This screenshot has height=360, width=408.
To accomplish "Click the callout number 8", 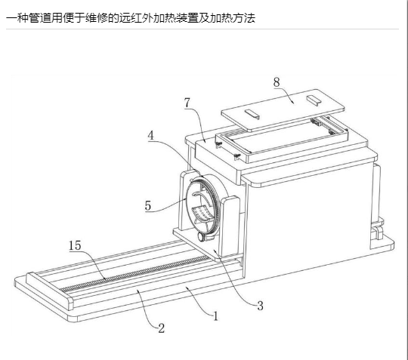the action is [x=277, y=82].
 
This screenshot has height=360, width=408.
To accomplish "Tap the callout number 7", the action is [x=187, y=103].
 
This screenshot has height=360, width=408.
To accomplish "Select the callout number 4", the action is [x=151, y=135].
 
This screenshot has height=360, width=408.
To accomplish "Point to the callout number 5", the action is [x=148, y=205].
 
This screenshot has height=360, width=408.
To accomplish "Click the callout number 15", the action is [x=75, y=245].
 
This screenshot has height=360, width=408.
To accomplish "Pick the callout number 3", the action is [x=260, y=306].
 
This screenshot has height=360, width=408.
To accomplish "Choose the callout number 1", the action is [x=215, y=316].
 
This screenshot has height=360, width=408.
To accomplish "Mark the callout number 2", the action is [x=162, y=328].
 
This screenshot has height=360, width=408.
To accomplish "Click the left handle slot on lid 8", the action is [x=252, y=114].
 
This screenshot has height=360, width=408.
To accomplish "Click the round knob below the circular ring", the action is [x=202, y=237].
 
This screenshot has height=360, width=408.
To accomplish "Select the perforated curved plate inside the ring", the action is [x=202, y=213].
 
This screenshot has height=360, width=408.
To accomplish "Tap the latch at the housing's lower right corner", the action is [x=378, y=232].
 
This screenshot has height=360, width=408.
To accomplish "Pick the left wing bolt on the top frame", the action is [x=218, y=143].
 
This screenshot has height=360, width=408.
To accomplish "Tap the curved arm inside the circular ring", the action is [x=202, y=197].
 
